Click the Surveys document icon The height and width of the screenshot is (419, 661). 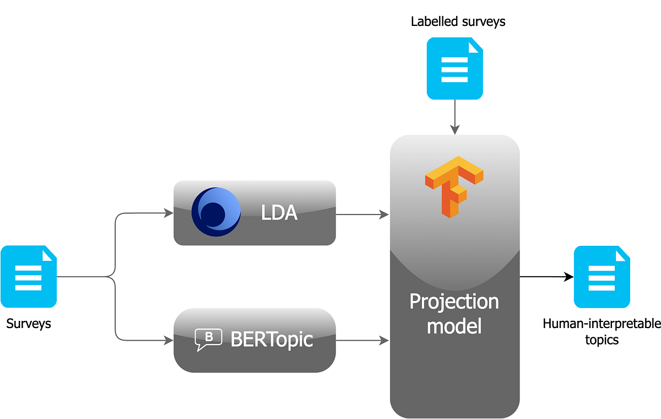[x=29, y=276]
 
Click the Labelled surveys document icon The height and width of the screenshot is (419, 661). [x=455, y=68]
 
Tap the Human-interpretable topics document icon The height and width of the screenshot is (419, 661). [x=602, y=277]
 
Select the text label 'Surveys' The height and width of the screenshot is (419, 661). [x=29, y=324]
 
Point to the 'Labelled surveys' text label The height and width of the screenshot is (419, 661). [x=458, y=22]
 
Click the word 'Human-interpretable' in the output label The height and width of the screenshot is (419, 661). [x=602, y=324]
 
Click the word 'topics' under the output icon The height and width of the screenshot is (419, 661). [x=602, y=340]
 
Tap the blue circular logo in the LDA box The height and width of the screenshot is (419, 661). [x=216, y=212]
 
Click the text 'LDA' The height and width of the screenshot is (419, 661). [x=279, y=213]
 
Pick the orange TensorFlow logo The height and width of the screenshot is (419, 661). [x=454, y=186]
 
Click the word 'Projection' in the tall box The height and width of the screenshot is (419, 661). [x=454, y=302]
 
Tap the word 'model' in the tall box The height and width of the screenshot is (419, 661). [x=454, y=326]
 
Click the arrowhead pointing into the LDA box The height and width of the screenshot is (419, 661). [x=169, y=213]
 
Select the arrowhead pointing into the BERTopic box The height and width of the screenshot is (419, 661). [x=169, y=341]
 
